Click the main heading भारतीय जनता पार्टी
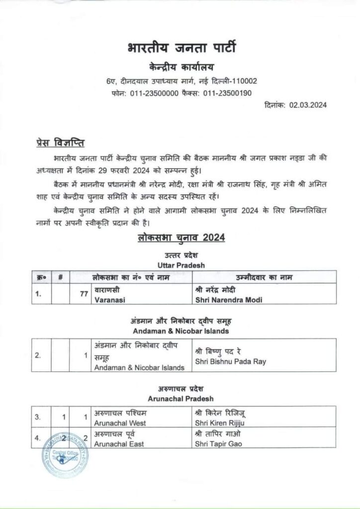click(x=180, y=49)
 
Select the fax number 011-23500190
click(x=227, y=92)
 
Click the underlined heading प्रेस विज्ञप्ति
click(x=62, y=144)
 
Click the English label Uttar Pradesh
click(x=180, y=265)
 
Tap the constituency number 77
click(x=84, y=294)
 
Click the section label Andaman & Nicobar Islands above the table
click(x=180, y=330)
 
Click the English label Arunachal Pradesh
click(x=180, y=399)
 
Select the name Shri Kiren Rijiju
click(x=219, y=423)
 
